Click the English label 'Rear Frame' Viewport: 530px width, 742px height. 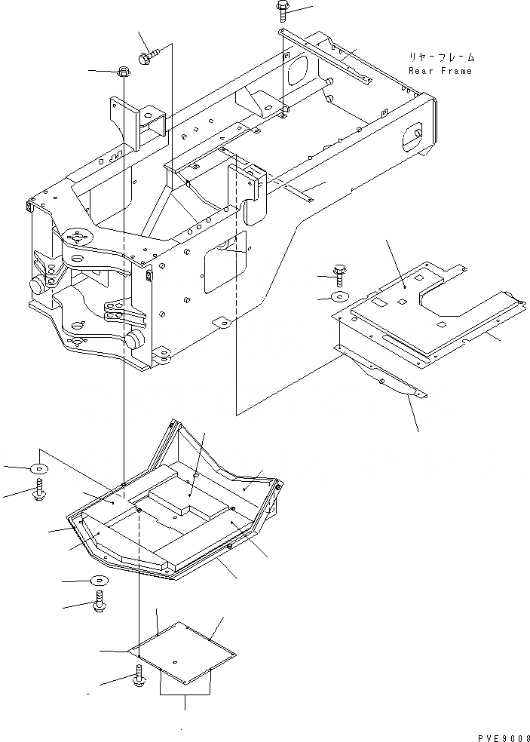440,71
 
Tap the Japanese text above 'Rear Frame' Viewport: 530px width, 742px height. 442,57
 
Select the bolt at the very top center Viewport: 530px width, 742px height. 282,10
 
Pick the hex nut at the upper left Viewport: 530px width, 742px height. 123,72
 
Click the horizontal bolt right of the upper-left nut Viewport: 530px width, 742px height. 149,55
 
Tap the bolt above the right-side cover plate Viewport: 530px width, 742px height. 339,272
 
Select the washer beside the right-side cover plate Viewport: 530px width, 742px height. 339,296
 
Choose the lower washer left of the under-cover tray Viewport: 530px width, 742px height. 98,581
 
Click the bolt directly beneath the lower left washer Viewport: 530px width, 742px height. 99,603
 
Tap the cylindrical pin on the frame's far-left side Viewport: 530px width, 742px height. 37,285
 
